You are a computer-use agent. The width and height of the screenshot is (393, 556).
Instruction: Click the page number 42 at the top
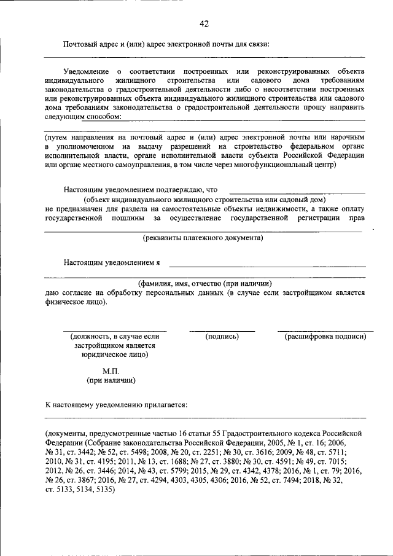tap(204, 24)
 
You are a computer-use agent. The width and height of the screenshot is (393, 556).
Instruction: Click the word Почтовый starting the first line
tap(80, 44)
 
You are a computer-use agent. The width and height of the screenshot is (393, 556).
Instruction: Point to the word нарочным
tap(349, 138)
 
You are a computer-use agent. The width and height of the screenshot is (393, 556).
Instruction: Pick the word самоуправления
tap(157, 164)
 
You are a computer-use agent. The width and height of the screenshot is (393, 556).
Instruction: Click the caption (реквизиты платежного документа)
tap(203, 237)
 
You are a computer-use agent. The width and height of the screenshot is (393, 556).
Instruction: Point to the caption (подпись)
tap(222, 337)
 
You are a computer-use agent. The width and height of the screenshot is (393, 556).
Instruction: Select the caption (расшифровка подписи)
tap(325, 337)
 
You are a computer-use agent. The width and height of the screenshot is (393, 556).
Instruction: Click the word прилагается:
tap(163, 405)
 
